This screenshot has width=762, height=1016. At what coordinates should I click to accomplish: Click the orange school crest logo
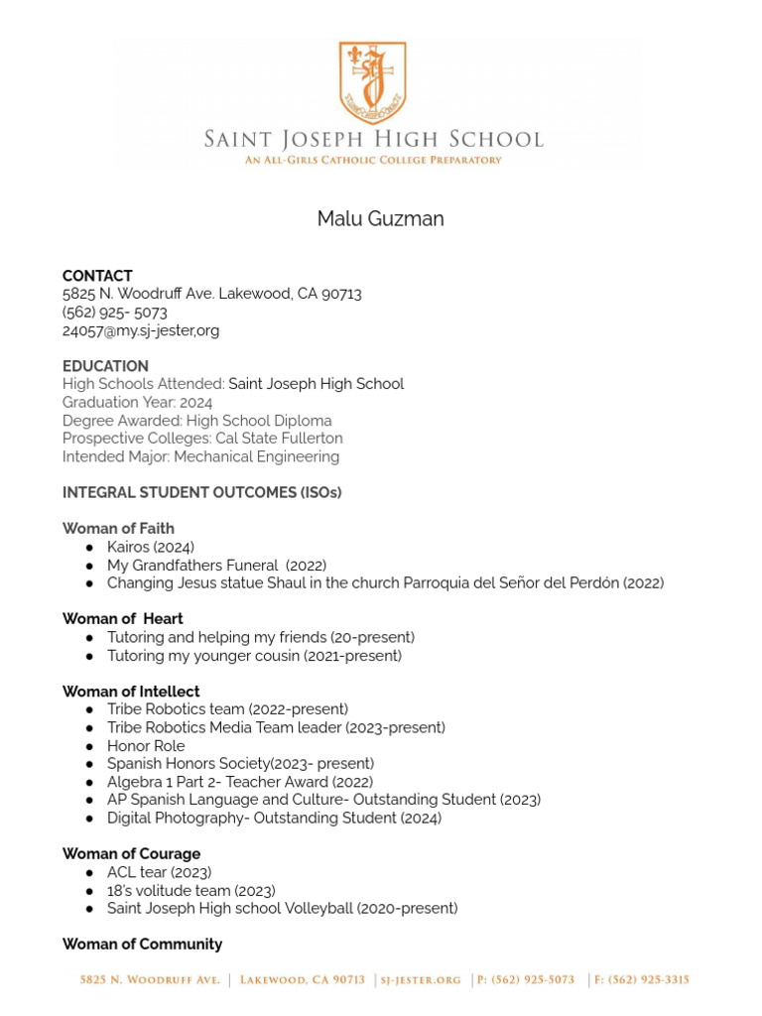372,83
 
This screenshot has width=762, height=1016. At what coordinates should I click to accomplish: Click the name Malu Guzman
380,219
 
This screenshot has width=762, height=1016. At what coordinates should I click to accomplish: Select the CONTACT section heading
97,276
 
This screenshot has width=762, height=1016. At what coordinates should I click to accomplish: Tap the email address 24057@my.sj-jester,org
141,330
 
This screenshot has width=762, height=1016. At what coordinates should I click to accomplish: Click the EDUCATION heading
105,366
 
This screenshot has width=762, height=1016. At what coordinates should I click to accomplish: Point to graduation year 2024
195,403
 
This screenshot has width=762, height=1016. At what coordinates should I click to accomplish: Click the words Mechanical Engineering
257,456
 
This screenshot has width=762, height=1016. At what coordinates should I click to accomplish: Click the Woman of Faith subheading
118,528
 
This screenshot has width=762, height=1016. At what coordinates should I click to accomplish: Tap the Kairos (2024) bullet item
151,547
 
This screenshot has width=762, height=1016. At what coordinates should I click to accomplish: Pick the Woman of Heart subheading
123,619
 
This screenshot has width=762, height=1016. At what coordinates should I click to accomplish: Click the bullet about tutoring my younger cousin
254,656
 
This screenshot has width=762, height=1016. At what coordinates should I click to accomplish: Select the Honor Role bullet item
146,746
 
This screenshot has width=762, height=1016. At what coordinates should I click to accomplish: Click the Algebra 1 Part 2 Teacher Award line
240,782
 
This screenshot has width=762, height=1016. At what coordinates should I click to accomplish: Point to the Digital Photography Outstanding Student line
274,819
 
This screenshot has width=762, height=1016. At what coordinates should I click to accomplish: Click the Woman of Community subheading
142,944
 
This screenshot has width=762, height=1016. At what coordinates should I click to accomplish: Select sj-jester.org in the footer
421,980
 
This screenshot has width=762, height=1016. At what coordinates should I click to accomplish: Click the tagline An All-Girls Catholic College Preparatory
373,160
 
